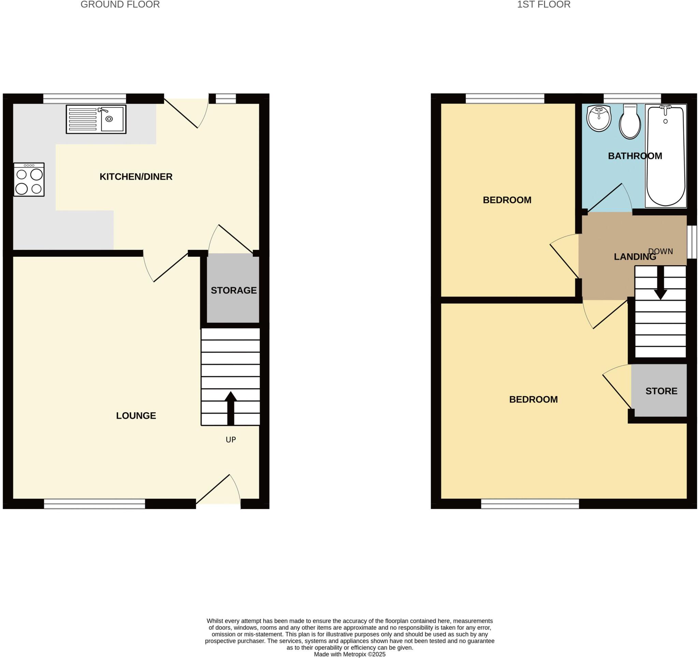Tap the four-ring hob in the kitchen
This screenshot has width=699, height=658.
(29, 180)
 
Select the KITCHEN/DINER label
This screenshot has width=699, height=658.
(136, 177)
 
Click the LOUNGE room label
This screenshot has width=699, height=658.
(136, 416)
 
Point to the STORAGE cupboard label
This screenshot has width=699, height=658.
(233, 290)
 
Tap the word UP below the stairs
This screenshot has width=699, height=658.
(231, 439)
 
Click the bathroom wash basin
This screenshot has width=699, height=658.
(599, 118)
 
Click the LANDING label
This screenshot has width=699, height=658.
(634, 257)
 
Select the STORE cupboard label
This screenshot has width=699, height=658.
(661, 391)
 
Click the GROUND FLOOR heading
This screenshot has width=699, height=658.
(120, 4)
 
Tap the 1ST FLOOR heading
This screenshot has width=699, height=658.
(543, 4)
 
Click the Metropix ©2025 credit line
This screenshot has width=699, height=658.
(349, 654)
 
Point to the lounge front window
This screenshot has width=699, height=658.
(94, 504)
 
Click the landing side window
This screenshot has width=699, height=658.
(691, 242)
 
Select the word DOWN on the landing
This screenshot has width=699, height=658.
(660, 251)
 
